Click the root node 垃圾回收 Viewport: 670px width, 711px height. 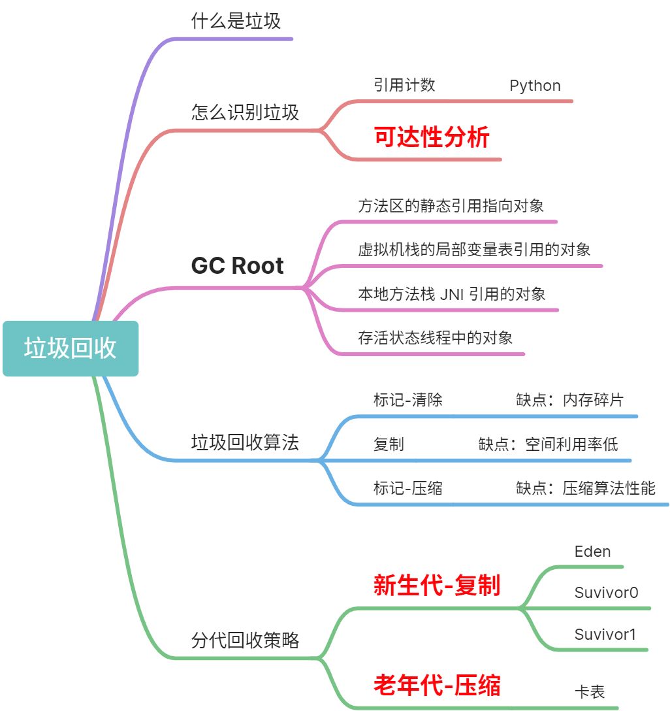tap(71, 348)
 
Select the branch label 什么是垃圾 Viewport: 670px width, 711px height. tap(236, 21)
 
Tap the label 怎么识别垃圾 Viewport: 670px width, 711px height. tap(245, 112)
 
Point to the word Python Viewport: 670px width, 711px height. tap(535, 86)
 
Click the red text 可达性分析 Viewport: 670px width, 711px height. tap(431, 138)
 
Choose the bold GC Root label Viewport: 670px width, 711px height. tap(237, 266)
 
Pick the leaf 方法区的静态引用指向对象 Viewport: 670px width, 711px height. tap(451, 206)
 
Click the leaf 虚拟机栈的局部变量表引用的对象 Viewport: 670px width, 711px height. tap(474, 250)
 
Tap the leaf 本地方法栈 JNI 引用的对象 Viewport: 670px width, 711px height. tap(451, 293)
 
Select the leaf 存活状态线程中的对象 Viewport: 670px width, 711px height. tap(435, 338)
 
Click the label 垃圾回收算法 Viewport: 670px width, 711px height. tap(245, 442)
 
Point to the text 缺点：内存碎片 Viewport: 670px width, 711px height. tap(569, 400)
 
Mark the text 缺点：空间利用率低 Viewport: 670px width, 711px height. tap(548, 444)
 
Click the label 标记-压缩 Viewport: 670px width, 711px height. tap(407, 488)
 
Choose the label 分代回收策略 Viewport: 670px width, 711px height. tap(245, 640)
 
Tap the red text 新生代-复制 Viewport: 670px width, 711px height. tap(436, 586)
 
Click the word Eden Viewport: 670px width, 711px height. tap(592, 552)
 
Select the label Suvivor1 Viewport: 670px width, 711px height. tap(605, 634)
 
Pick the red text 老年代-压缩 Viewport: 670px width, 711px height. tap(436, 686)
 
